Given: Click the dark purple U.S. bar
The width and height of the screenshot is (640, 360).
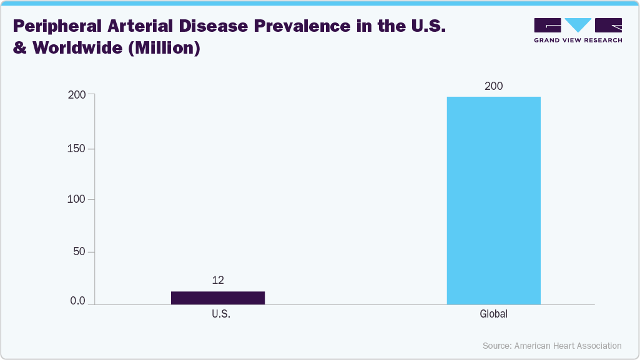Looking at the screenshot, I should point(217,298).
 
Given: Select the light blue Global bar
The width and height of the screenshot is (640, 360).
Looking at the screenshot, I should point(493,200).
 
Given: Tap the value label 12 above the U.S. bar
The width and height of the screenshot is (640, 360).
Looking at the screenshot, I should point(217,281).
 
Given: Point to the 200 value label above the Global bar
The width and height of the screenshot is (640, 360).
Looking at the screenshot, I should point(493,86).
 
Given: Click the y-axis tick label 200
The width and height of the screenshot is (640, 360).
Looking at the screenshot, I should point(77,95).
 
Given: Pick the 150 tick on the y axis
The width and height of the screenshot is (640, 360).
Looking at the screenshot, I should point(77,148).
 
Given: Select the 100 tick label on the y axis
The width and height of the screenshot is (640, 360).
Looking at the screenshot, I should point(77,200).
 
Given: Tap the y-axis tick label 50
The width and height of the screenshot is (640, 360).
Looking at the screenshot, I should point(79,252).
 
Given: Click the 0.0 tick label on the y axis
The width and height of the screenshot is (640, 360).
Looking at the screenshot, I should point(77,301).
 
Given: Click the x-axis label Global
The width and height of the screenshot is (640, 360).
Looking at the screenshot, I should point(493,314).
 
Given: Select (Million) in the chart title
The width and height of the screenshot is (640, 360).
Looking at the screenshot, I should point(164,48).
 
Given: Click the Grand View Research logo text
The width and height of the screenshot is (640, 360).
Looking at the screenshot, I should point(578,40).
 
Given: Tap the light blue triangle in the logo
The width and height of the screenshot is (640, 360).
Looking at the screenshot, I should point(578,25).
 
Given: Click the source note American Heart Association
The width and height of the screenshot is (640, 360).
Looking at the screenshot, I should point(568,345).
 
